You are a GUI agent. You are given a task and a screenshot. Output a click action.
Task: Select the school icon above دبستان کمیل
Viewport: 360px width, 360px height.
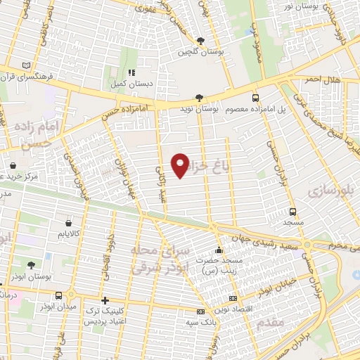click(x=131, y=72)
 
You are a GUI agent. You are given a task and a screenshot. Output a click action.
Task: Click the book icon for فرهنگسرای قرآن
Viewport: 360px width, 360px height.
click(x=26, y=65)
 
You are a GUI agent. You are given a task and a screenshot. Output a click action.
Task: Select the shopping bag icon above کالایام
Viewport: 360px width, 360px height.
click(x=67, y=222)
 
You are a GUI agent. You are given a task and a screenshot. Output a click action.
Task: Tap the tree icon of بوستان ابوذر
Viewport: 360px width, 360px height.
click(x=31, y=265)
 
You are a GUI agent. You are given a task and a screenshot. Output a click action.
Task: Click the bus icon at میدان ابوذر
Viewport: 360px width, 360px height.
click(x=58, y=296)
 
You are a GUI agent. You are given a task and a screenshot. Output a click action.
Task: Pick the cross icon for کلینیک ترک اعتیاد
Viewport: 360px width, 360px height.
click(x=105, y=300)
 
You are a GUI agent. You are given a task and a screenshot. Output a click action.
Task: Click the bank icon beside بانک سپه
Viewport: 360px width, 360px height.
click(x=200, y=311)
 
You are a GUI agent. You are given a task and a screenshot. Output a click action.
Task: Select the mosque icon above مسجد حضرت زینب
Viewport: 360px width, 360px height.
click(x=219, y=250)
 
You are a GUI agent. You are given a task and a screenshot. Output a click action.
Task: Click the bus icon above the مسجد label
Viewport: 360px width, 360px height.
click(x=292, y=211)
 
